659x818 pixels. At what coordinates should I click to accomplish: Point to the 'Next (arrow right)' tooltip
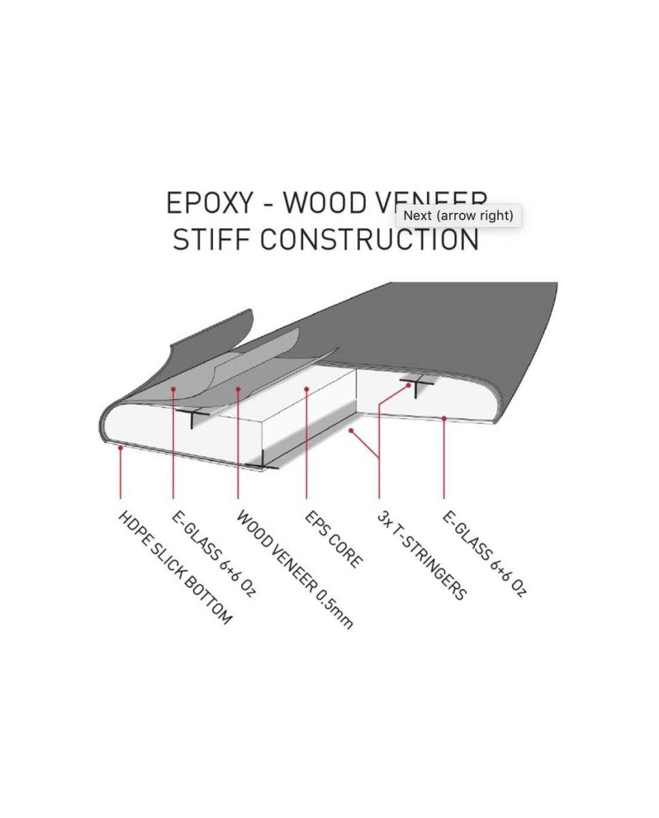[x=458, y=215]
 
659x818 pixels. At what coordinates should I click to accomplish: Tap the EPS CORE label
[x=334, y=539]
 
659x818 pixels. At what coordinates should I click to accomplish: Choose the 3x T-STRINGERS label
[x=422, y=555]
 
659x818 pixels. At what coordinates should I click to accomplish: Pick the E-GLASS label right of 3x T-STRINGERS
[x=485, y=554]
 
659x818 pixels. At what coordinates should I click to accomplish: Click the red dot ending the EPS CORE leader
[x=307, y=389]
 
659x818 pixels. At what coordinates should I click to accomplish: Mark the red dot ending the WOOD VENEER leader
[x=238, y=389]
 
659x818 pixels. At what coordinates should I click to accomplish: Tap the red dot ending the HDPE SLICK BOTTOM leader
[x=120, y=448]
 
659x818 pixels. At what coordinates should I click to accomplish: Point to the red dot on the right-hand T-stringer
[x=410, y=385]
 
